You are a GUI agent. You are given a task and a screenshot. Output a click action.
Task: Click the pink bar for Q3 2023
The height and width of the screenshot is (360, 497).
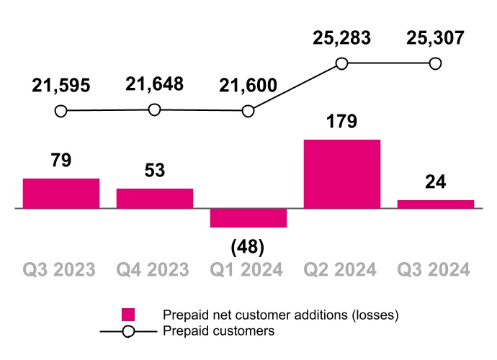61,193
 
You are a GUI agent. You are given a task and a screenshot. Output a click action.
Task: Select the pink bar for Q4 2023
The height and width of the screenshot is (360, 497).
155,198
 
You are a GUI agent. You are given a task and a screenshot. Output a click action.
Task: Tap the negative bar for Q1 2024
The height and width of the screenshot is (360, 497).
248,217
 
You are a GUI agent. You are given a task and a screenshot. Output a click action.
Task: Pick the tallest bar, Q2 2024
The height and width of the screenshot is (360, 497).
342,174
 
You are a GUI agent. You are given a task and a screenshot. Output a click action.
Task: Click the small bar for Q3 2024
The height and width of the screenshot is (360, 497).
436,204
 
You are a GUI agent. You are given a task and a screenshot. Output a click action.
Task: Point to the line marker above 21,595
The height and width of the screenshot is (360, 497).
61,111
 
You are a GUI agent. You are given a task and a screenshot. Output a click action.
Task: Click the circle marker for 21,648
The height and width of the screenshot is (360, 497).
154,109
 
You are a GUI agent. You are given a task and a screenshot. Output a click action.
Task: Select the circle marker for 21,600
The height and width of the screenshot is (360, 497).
248,111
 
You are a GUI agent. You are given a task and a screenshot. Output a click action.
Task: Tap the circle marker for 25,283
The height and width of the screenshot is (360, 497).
342,63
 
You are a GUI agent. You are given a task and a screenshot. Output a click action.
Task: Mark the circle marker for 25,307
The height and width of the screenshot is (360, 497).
435,63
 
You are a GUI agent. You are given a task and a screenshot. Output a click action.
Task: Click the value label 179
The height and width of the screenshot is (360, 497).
342,121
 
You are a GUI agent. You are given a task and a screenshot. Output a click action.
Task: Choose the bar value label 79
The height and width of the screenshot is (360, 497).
61,160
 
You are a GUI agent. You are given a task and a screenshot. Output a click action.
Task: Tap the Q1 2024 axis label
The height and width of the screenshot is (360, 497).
247,270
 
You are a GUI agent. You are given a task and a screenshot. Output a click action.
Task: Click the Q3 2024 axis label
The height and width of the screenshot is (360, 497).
434,270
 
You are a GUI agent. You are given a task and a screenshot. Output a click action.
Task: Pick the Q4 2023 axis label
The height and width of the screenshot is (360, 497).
153,270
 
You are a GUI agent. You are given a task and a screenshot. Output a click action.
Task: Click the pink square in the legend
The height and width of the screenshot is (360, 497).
128,315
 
